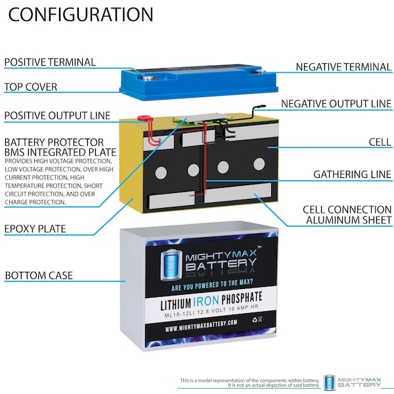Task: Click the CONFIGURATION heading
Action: click(81, 14)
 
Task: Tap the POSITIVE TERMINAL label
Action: click(50, 62)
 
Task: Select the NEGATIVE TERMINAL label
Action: click(343, 67)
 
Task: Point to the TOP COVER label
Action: click(31, 87)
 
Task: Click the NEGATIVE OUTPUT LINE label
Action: click(336, 104)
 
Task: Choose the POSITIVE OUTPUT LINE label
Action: click(57, 116)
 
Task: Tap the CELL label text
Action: click(380, 142)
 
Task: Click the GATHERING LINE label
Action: click(352, 175)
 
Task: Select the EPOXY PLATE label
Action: click(35, 229)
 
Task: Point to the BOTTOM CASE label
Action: click(39, 275)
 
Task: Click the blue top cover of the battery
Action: click(199, 81)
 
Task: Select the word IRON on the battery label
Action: click(206, 301)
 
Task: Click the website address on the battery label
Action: click(201, 326)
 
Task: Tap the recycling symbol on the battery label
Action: click(255, 320)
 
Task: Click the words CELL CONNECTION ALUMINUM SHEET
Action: click(347, 215)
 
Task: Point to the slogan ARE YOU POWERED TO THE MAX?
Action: click(212, 285)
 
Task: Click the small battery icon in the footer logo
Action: click(330, 382)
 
